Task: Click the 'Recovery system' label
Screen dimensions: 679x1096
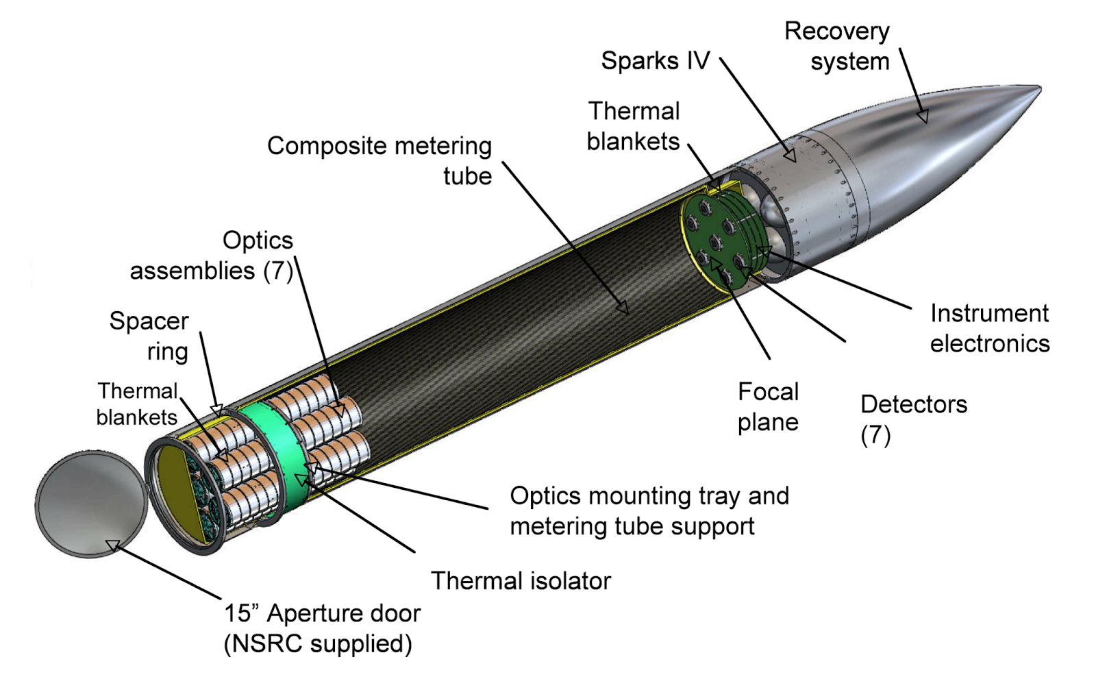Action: coord(837,47)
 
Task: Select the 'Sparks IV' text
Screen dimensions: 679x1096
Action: coord(655,61)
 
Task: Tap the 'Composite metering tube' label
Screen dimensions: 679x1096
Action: coord(379,161)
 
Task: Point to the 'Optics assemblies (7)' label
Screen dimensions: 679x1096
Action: coord(212,256)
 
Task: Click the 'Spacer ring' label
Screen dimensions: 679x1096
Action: coord(149,336)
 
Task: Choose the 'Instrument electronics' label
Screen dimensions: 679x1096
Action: coord(989,328)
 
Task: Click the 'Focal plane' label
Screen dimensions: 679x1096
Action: coord(768,407)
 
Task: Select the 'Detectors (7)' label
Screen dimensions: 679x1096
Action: coord(913,419)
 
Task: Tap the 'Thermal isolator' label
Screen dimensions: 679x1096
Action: coord(521,581)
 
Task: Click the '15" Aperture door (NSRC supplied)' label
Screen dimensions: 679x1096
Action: coord(322,628)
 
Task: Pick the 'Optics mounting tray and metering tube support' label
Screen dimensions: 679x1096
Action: coord(649,510)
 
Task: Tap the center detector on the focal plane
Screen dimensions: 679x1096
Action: coord(715,241)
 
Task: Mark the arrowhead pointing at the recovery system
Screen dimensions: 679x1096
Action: coord(923,117)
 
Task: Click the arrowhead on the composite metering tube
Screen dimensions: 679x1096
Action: coord(623,308)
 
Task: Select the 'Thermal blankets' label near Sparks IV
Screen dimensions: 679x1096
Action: coord(634,126)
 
